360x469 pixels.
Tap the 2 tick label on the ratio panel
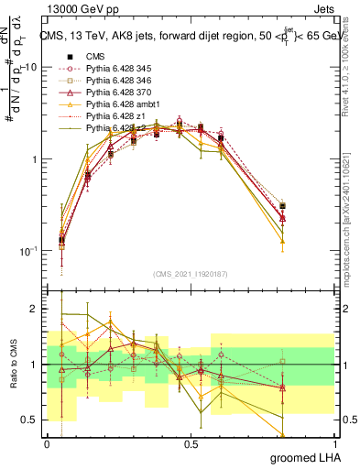34,310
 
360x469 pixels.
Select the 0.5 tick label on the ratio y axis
29,420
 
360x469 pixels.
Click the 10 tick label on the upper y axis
30,68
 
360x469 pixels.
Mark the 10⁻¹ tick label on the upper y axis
27,249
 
